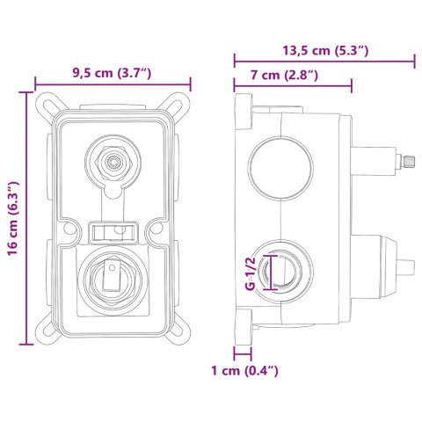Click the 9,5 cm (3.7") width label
[112, 73]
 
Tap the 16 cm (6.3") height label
[13, 218]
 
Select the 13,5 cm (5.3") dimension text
[325, 51]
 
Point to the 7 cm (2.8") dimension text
[284, 75]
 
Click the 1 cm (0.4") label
[244, 371]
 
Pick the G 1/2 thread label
[251, 273]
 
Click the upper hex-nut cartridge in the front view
[113, 163]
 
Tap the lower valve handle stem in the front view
[111, 273]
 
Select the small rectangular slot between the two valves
[113, 232]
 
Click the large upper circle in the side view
[280, 169]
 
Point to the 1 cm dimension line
[243, 353]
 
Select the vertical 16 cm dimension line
[26, 218]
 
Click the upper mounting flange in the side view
[244, 112]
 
